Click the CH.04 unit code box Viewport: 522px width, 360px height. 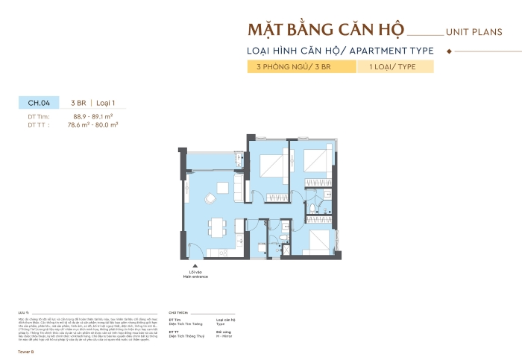39,104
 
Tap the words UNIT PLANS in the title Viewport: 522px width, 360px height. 474,33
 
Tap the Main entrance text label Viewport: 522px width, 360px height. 195,276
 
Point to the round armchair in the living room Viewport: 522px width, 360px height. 211,198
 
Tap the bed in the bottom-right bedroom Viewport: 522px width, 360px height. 318,240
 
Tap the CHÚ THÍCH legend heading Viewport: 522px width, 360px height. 179,314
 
